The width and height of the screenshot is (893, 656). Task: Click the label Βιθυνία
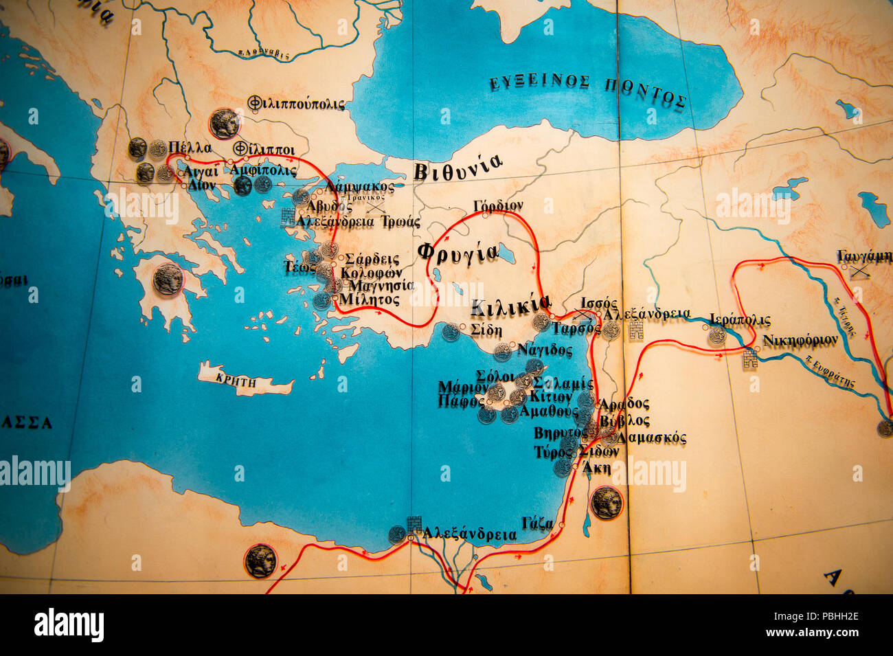pyautogui.click(x=457, y=166)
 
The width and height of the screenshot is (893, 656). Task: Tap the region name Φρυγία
pyautogui.click(x=457, y=252)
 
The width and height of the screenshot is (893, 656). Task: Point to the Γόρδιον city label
pyautogui.click(x=498, y=205)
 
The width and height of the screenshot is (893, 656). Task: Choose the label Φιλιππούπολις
pyautogui.click(x=296, y=104)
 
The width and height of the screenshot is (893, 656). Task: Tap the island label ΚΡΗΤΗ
pyautogui.click(x=236, y=382)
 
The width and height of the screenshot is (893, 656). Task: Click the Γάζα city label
pyautogui.click(x=537, y=523)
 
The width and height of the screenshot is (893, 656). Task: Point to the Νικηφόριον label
pyautogui.click(x=800, y=340)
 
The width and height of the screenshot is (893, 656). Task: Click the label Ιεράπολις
pyautogui.click(x=740, y=320)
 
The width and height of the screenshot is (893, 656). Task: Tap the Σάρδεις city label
pyautogui.click(x=372, y=259)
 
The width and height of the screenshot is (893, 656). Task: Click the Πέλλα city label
pyautogui.click(x=190, y=148)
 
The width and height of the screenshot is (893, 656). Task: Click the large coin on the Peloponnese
pyautogui.click(x=168, y=280)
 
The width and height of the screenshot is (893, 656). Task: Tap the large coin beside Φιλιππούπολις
pyautogui.click(x=225, y=123)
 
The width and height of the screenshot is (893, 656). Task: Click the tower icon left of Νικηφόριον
pyautogui.click(x=749, y=358)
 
